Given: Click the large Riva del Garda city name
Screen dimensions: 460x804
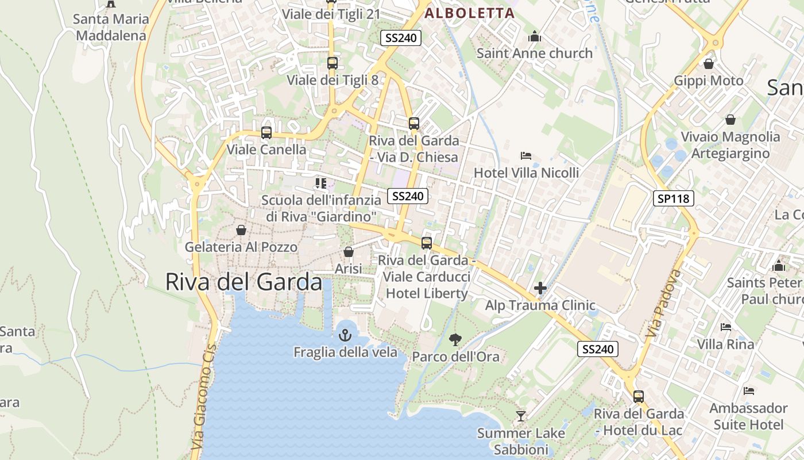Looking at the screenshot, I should click(x=243, y=282).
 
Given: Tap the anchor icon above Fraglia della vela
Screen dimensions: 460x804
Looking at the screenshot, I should click(x=345, y=335).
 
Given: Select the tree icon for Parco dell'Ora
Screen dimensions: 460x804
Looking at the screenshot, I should click(x=455, y=339).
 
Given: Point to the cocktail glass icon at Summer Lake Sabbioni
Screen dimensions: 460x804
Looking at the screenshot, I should click(x=521, y=416).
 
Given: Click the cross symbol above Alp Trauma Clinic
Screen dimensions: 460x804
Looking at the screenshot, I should click(x=540, y=288).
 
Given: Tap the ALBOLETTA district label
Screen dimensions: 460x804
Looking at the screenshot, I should click(x=469, y=13).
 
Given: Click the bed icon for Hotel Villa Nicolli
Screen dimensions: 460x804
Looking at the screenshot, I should click(x=526, y=156).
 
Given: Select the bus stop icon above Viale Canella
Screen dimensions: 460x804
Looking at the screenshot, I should click(x=266, y=133).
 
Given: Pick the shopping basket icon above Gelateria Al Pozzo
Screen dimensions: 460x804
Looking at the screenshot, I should click(x=241, y=230).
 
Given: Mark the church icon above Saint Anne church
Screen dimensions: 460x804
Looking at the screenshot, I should click(x=535, y=36).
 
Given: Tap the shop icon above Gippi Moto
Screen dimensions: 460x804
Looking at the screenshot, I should click(x=709, y=63).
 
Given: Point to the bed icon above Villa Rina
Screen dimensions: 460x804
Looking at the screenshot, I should click(x=726, y=327).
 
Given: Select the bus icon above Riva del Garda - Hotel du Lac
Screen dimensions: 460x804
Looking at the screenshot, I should click(x=639, y=396).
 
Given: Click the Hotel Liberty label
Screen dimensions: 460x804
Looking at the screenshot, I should click(x=427, y=293).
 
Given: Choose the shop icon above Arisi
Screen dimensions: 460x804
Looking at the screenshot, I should click(x=348, y=252).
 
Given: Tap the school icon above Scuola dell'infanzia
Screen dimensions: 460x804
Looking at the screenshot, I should click(x=320, y=183).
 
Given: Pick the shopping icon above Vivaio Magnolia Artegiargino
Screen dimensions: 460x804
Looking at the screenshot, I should click(x=730, y=120).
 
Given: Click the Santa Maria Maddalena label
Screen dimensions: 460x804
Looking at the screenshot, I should click(x=111, y=27).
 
